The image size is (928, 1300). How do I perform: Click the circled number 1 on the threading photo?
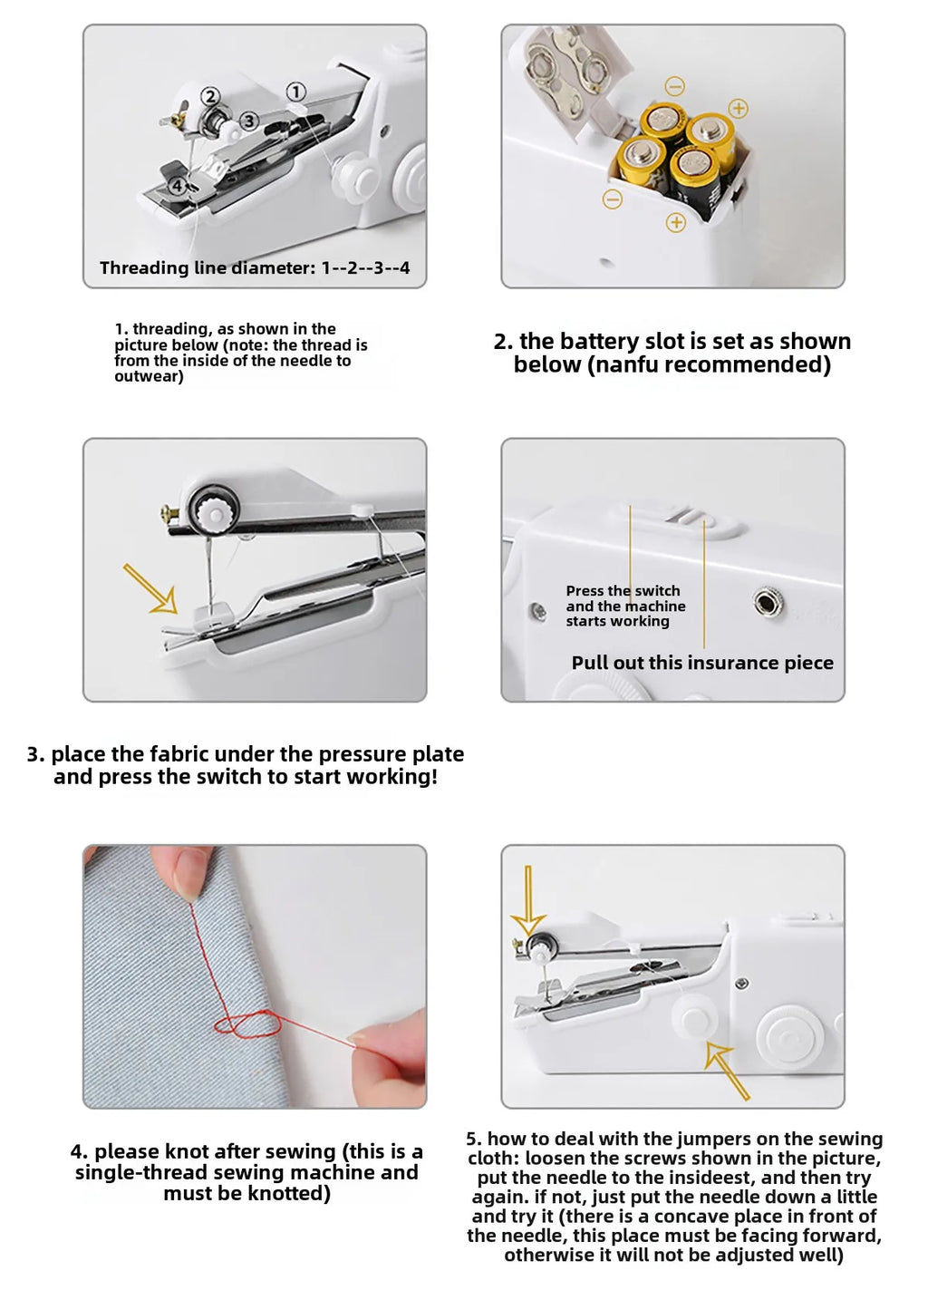(x=296, y=92)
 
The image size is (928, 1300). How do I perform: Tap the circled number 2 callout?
(x=209, y=96)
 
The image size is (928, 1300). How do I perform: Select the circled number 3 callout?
(x=249, y=121)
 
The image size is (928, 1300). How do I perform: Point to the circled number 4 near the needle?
(x=179, y=185)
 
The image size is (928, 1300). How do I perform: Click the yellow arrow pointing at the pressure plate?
(x=150, y=587)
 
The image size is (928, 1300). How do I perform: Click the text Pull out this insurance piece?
(x=702, y=663)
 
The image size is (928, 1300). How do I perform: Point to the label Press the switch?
(x=623, y=591)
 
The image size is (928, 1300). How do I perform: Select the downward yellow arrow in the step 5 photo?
(x=527, y=900)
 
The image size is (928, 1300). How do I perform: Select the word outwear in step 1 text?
(x=147, y=376)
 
